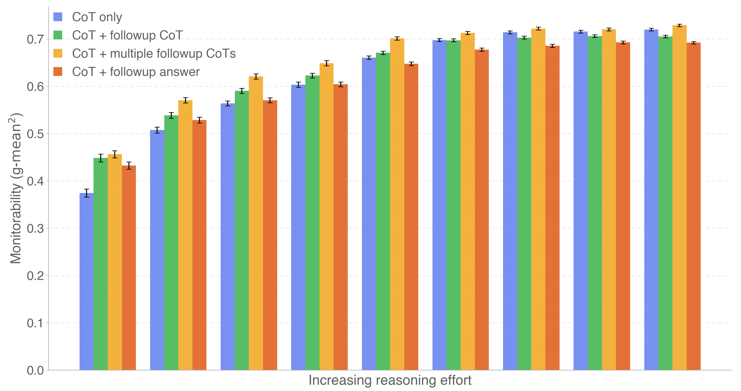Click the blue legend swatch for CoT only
click(58, 17)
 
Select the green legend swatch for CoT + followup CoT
click(58, 35)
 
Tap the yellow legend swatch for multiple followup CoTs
click(58, 53)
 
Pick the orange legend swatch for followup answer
click(58, 72)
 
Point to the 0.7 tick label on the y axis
click(35, 39)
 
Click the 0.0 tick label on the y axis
click(35, 370)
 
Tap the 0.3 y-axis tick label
click(35, 229)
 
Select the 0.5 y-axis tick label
click(35, 134)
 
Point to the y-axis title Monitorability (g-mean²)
click(16, 188)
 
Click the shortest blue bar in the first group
click(87, 282)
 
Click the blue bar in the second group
click(157, 250)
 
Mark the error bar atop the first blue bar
click(87, 193)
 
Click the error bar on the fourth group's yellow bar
click(327, 63)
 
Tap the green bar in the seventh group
click(524, 204)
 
